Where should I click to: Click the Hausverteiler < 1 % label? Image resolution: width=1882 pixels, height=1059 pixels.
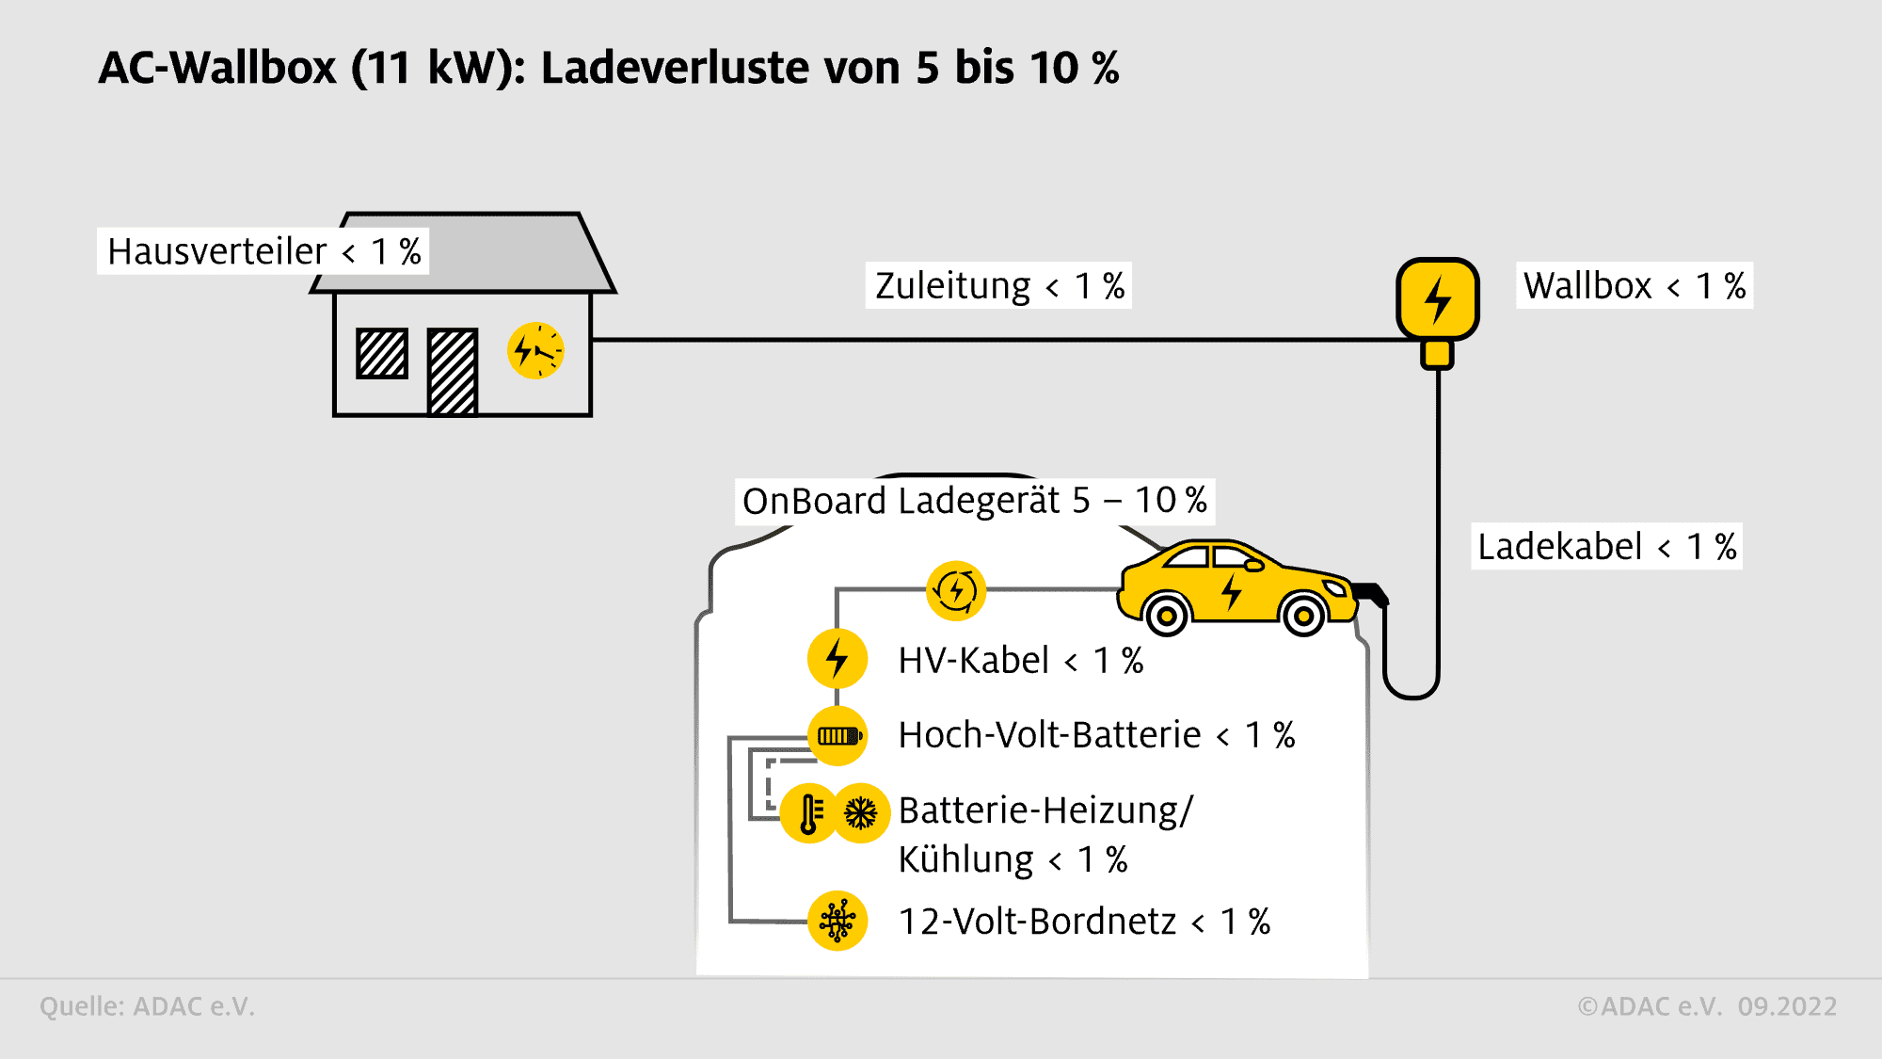pos(263,251)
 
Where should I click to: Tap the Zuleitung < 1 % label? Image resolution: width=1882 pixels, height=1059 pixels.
pos(998,286)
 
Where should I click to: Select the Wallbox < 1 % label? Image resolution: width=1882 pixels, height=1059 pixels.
pos(1634,286)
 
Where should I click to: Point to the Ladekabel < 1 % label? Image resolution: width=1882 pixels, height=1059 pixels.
pos(1606,547)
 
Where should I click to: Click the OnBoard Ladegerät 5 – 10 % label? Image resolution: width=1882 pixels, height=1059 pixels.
pos(974,501)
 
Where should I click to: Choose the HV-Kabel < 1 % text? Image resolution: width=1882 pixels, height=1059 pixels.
pos(1020,661)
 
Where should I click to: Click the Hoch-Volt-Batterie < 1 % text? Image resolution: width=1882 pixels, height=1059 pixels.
pos(1096,735)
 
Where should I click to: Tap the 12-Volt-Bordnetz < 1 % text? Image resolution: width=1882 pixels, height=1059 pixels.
pos(1084,922)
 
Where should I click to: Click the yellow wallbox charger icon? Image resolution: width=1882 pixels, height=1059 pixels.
pos(1437,299)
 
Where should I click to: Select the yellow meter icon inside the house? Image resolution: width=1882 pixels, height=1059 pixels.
pos(535,351)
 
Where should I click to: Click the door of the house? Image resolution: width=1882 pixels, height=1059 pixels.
pos(453,372)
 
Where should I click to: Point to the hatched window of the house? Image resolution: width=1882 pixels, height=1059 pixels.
pos(382,354)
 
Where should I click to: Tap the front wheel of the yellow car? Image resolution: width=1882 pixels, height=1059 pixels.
pos(1303,617)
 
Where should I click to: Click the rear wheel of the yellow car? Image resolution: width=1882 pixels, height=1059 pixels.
pos(1167,617)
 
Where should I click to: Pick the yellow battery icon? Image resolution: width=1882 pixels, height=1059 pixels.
pos(837,736)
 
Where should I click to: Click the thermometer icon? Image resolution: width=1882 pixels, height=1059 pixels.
pos(809,813)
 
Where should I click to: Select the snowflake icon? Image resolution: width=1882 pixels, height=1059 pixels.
pos(861,813)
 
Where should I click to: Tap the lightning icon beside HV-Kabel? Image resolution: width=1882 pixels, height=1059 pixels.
pos(837,658)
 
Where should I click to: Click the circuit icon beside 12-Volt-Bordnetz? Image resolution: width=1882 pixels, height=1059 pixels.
pos(837,921)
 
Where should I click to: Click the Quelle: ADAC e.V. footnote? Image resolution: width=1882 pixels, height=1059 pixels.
pos(147,1006)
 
